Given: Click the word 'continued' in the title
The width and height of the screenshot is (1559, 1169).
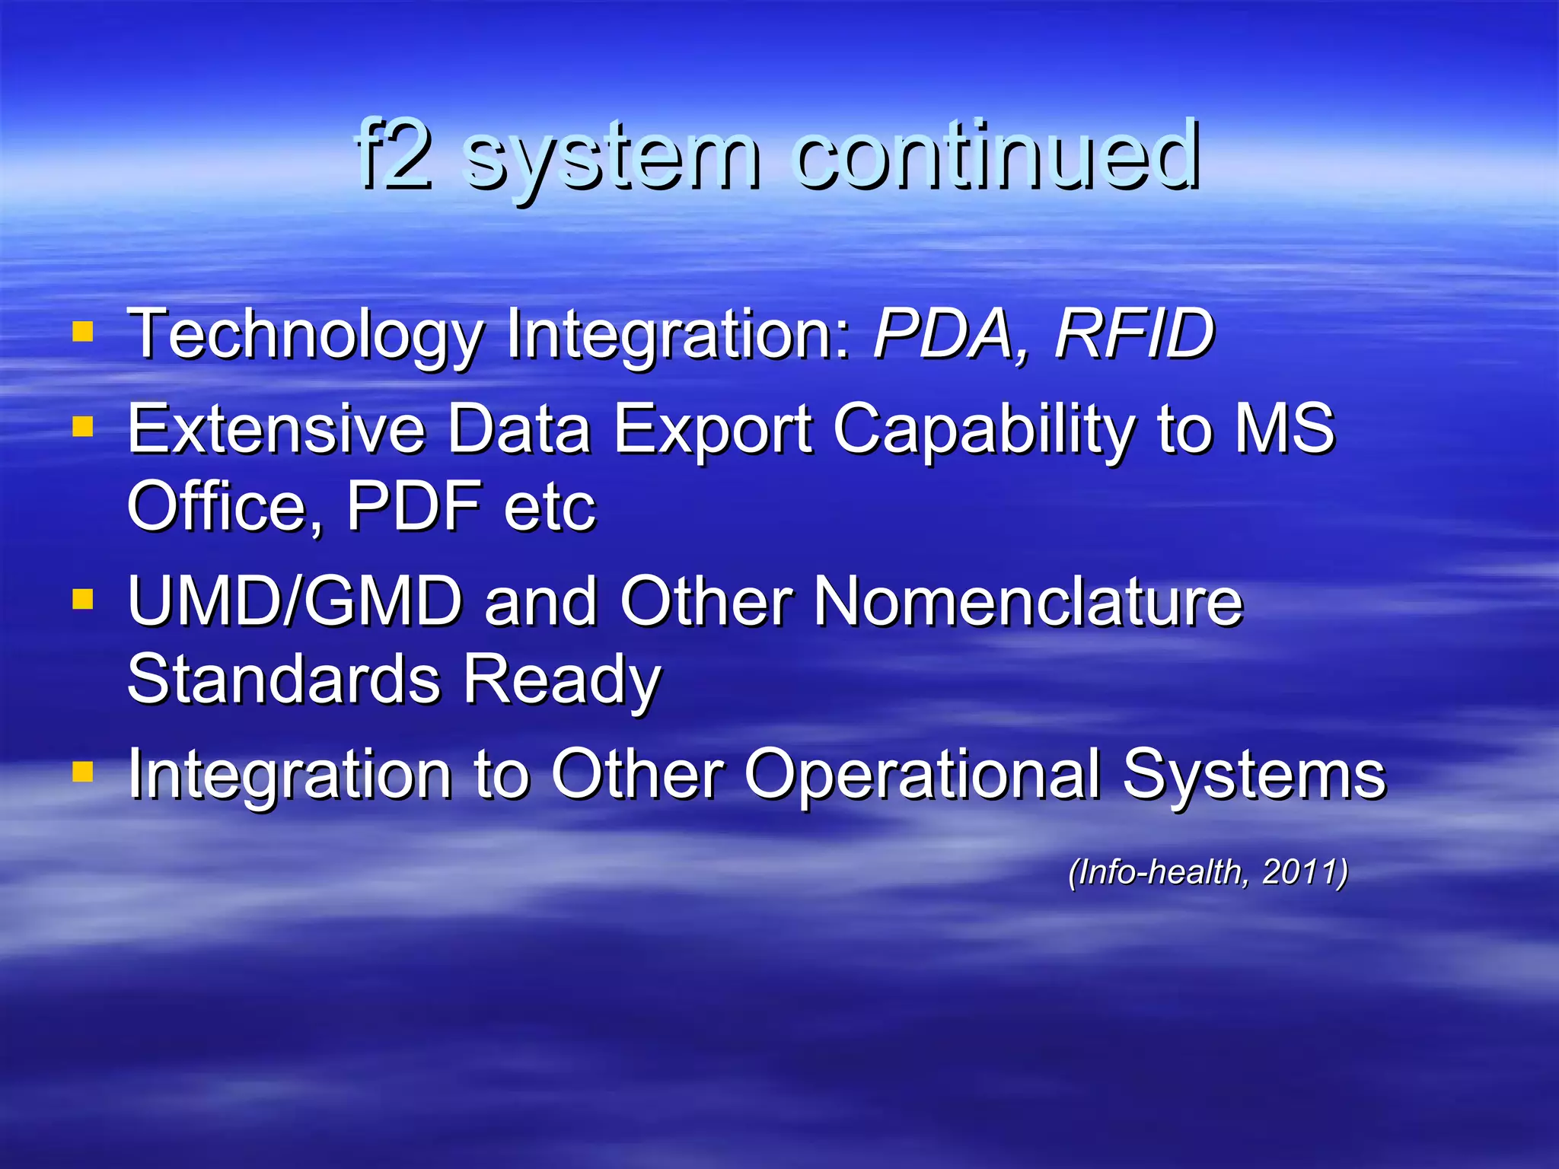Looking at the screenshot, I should click(997, 156).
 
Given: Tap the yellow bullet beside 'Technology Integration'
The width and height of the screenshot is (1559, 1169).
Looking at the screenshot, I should click(82, 332).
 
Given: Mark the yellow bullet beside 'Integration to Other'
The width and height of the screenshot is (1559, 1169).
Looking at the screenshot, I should click(82, 772).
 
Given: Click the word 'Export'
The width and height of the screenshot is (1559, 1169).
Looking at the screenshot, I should click(713, 431).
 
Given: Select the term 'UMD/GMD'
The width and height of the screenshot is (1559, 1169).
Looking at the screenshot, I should click(295, 602).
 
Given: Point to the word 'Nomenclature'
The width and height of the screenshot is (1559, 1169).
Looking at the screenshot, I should click(1028, 602).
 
